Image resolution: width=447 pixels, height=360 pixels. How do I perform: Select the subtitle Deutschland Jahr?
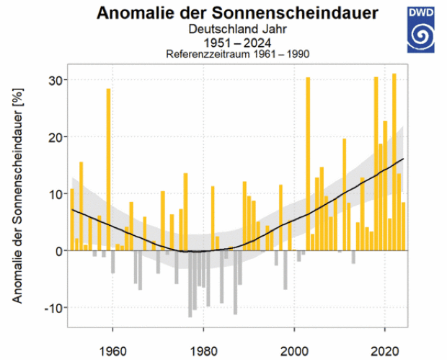(237, 29)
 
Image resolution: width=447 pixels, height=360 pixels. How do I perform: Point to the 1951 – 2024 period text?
(237, 43)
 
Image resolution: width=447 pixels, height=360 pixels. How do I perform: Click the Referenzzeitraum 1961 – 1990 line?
(237, 54)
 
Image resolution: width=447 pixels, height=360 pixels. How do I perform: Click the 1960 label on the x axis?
(112, 351)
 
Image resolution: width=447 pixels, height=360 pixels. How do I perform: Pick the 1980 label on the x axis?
(203, 351)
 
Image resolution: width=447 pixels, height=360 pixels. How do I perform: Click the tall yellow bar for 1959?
(108, 170)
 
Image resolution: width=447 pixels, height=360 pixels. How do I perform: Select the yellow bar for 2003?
(308, 164)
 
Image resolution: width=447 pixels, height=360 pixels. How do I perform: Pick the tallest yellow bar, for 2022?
(394, 162)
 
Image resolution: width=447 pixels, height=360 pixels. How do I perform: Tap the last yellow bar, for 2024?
(403, 227)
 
